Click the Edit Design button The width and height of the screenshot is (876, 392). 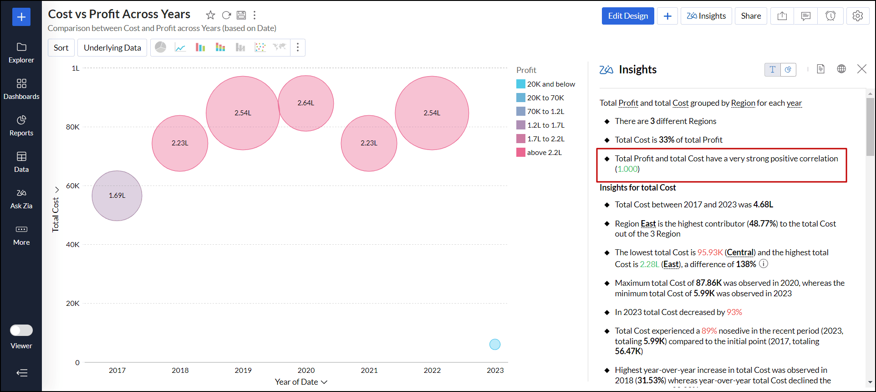tap(627, 16)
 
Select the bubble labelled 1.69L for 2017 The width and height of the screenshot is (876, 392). tap(117, 196)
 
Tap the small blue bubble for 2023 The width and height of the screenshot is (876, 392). tap(495, 344)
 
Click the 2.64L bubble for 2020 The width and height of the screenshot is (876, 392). tap(306, 103)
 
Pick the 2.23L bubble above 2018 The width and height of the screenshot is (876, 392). tap(180, 143)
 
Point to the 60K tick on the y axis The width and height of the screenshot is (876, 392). tap(73, 186)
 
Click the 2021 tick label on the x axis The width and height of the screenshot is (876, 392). tap(369, 370)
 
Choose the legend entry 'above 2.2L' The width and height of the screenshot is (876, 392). tap(544, 153)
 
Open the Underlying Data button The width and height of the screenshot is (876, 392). tap(112, 48)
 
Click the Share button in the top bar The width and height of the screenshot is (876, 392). tap(751, 16)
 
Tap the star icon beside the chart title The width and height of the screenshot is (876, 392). tap(210, 15)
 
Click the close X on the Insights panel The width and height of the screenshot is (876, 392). tap(861, 69)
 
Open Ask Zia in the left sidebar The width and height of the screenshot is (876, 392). tap(21, 199)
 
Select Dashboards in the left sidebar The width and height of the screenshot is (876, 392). tap(21, 89)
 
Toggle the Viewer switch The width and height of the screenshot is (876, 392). tap(21, 330)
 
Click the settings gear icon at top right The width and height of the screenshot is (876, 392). tap(858, 16)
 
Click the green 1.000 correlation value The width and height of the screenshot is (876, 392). tap(627, 169)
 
